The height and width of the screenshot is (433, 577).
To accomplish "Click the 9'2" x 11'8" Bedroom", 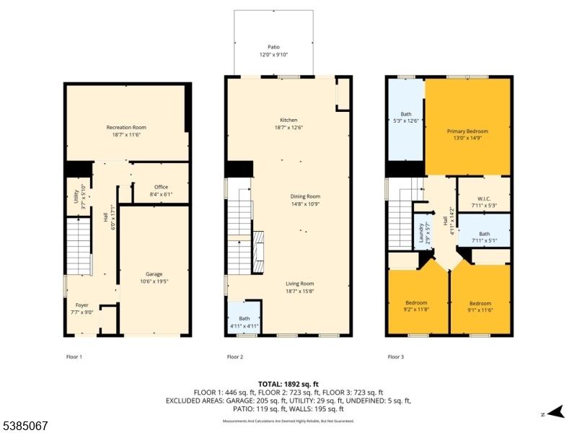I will tap(416, 305).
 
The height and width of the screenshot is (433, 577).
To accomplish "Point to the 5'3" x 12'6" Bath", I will tap(405, 118).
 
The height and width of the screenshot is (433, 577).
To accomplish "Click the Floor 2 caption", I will tap(235, 357).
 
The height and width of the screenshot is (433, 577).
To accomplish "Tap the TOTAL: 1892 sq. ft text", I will tap(288, 383).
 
